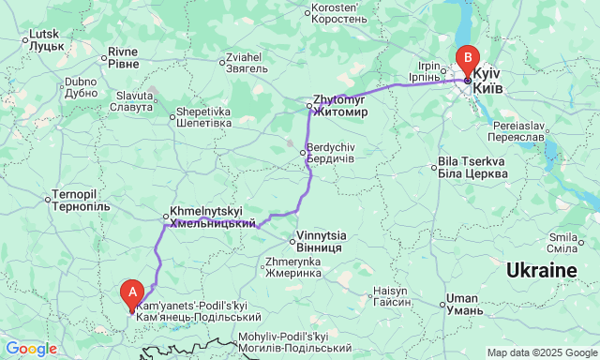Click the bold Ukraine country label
541,271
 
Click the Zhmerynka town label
293,267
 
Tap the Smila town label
562,243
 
